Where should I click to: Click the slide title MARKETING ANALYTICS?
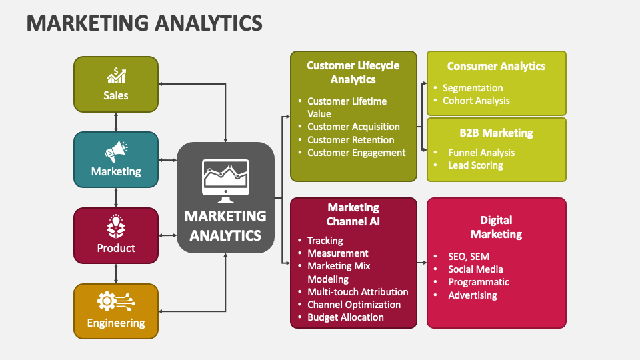point(145,23)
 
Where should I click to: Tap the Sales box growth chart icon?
point(116,75)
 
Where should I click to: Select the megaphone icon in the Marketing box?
point(116,151)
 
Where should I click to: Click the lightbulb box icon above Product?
point(116,227)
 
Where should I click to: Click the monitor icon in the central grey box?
point(225,181)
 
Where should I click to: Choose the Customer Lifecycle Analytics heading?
point(353,72)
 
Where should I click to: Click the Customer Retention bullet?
point(351,140)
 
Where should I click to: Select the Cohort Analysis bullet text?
point(476,101)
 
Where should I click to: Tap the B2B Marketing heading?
point(496,133)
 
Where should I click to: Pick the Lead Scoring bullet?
point(475,165)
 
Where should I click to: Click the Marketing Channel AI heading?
point(353,214)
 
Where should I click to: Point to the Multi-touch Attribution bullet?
point(357,292)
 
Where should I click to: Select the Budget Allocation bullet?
point(345,317)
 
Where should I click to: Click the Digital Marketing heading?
point(496,227)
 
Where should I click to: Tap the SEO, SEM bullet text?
point(469,256)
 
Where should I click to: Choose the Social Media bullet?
point(475,269)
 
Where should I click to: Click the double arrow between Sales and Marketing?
point(116,121)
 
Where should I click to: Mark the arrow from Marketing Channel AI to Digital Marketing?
point(422,263)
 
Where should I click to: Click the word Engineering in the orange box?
point(116,323)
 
